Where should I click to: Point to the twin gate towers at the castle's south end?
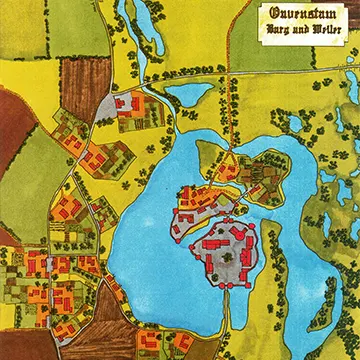click(x=225, y=283)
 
